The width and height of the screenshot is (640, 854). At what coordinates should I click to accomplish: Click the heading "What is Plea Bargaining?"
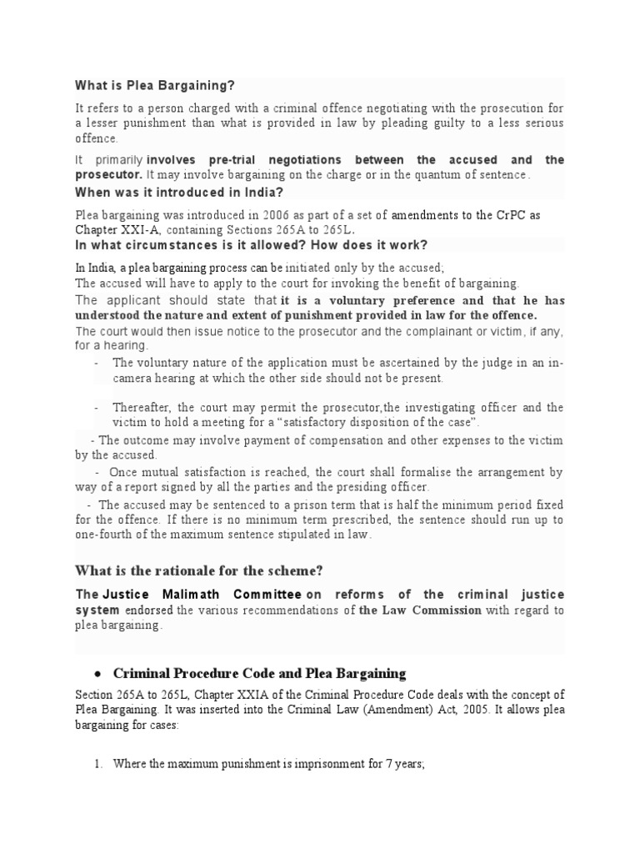coord(155,85)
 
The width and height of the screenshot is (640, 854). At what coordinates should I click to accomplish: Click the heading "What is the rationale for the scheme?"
coord(199,570)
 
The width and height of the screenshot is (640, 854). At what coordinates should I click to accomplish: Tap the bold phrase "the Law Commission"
coord(408,610)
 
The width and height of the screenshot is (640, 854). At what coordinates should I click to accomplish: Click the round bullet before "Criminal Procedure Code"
coord(97,673)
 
